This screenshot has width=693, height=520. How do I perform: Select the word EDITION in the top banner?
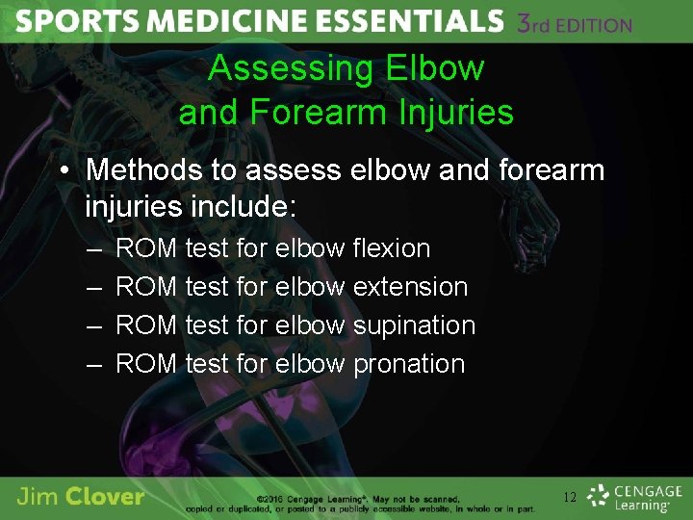[x=587, y=25]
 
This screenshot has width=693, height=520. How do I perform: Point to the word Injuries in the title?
[x=459, y=113]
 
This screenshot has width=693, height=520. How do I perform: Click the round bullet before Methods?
[x=63, y=171]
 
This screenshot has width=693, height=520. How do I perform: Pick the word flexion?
[x=391, y=248]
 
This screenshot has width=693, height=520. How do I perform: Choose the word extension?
[x=410, y=287]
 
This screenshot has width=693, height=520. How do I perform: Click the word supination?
[x=414, y=325]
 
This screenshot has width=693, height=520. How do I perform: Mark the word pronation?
[x=409, y=364]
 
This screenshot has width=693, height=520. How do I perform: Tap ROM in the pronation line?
[x=145, y=364]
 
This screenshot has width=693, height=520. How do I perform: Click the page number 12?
[x=570, y=498]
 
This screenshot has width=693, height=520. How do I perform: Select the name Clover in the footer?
[x=106, y=497]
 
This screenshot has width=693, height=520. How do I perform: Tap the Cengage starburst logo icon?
[x=599, y=496]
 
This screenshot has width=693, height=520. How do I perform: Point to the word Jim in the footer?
[x=37, y=497]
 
